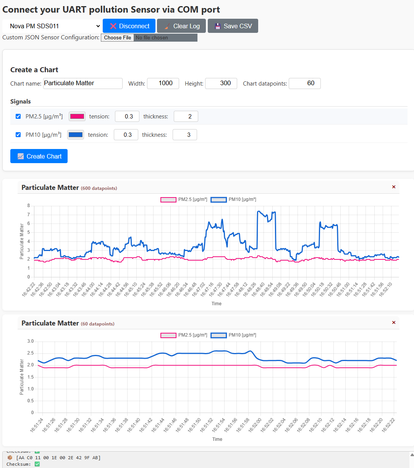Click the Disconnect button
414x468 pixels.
point(129,26)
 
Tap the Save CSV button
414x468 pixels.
point(233,26)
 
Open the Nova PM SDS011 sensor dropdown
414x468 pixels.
point(52,26)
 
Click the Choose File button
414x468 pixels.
point(117,37)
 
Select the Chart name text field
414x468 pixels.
point(82,83)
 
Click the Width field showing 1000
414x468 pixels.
point(163,83)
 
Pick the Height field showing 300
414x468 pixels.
point(221,83)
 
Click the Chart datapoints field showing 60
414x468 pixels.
point(304,83)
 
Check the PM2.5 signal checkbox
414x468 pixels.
point(18,116)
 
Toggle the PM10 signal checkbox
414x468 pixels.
point(18,134)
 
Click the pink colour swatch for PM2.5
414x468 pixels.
point(77,117)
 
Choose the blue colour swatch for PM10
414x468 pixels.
point(76,135)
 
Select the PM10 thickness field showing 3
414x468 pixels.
point(185,135)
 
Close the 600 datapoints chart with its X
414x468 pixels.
point(394,187)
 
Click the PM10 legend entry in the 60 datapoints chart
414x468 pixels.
point(233,335)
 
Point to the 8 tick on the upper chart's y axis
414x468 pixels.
point(29,206)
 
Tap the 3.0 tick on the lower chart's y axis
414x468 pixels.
point(31,341)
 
